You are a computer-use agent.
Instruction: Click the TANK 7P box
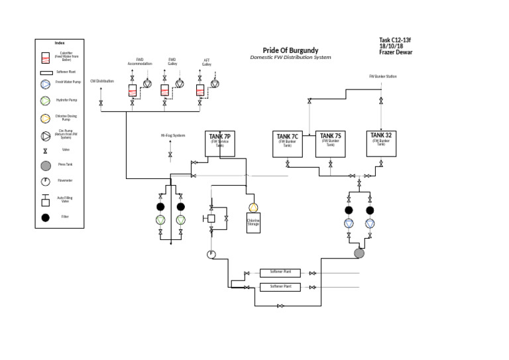[x=219, y=143]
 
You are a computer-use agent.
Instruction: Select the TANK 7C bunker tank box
[x=288, y=144]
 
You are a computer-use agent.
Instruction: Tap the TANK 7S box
[x=329, y=144]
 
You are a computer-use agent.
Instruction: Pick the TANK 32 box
[x=381, y=143]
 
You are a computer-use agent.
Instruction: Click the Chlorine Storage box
[x=253, y=224]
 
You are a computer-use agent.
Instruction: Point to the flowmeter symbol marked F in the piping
[x=211, y=254]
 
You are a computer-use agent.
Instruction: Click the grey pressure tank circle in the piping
[x=359, y=253]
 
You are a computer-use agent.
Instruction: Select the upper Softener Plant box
[x=280, y=272]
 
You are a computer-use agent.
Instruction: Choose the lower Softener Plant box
[x=280, y=287]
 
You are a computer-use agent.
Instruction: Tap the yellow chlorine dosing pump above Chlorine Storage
[x=253, y=208]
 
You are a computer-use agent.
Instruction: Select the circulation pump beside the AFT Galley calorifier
[x=214, y=84]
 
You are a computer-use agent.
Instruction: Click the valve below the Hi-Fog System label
[x=170, y=154]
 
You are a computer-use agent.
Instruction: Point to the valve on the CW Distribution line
[x=101, y=103]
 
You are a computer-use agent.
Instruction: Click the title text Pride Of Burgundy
[x=290, y=50]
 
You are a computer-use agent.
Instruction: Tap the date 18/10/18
[x=391, y=46]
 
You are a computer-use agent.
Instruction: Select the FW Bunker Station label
[x=382, y=76]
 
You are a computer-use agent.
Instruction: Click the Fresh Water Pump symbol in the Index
[x=45, y=84]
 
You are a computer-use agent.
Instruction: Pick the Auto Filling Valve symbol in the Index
[x=45, y=199]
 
